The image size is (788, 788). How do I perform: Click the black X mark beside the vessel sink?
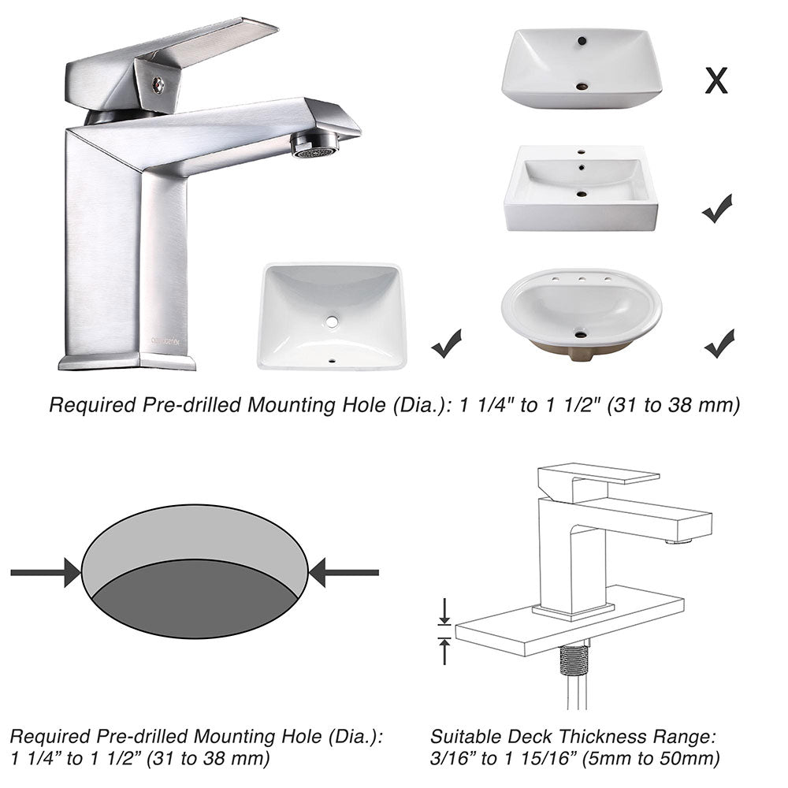[716, 80]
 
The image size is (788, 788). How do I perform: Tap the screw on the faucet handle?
[158, 84]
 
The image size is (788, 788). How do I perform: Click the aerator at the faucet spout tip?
[314, 144]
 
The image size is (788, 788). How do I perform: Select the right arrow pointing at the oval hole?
[344, 572]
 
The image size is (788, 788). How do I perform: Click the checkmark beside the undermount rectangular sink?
[447, 344]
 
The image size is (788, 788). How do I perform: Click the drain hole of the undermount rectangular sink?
[332, 322]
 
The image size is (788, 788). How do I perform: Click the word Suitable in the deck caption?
[463, 737]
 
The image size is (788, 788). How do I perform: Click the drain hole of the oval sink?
[581, 334]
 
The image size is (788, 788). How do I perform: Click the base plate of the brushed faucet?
[126, 362]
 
